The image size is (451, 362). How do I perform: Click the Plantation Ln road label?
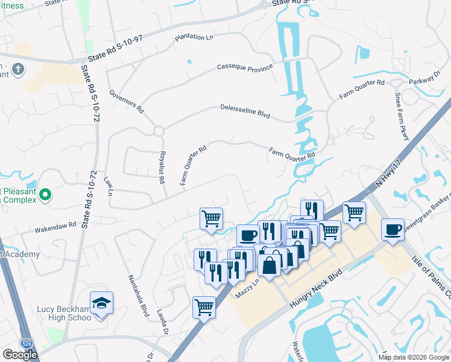(194, 37)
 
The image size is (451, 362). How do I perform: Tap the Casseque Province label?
(245, 68)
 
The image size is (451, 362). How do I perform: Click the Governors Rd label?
(127, 101)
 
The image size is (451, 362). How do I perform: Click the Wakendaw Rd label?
(55, 226)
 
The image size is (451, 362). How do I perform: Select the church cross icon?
(18, 69)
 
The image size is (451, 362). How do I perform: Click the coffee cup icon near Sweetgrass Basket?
(393, 229)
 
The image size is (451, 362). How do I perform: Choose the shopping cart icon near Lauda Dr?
(204, 306)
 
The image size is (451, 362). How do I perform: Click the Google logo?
(20, 355)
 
